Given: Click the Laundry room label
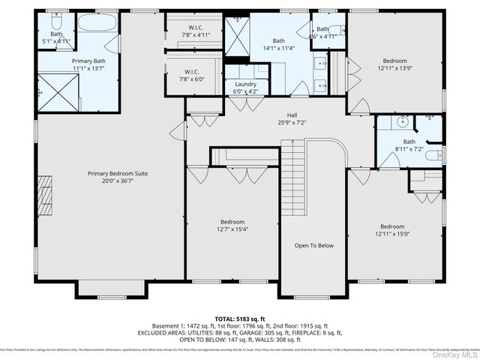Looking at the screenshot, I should coord(245,84).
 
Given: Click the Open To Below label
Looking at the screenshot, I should coord(313,245).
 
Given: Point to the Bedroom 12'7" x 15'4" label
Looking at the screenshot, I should coord(232,226).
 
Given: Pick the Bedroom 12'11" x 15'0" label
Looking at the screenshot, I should coord(391,231).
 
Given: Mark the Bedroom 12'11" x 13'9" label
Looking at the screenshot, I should coord(394,64).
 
